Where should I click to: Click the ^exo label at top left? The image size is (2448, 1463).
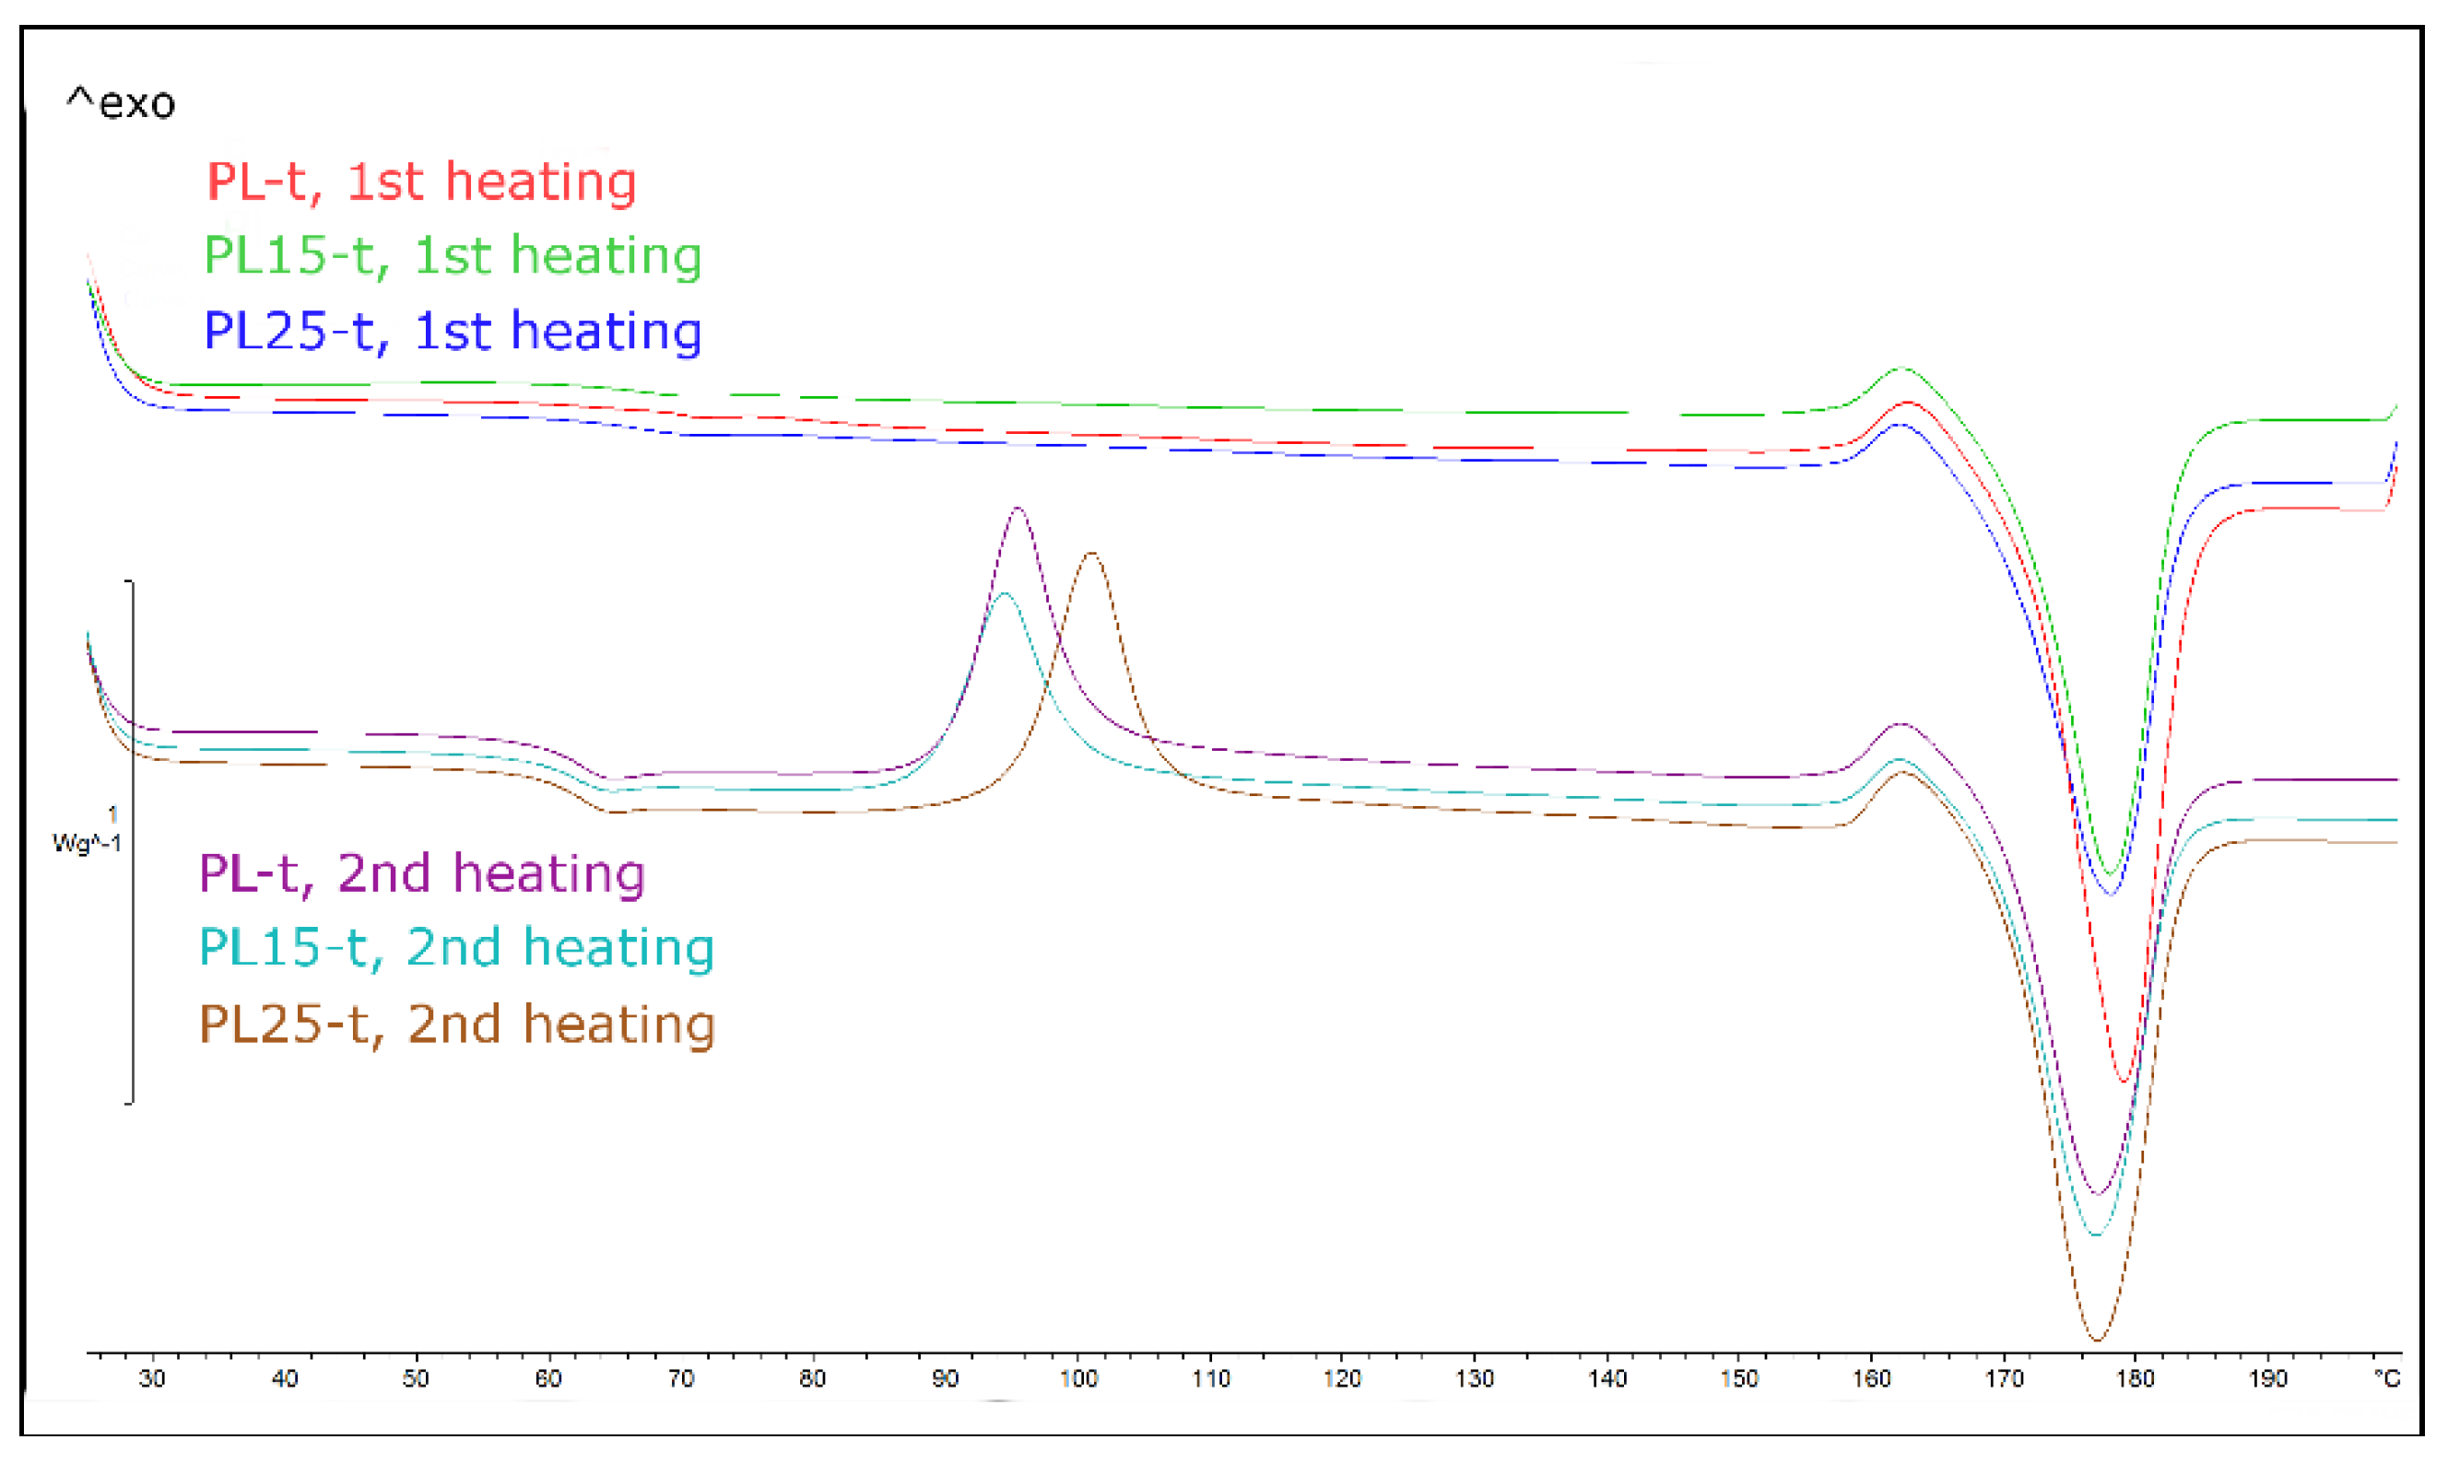tap(121, 102)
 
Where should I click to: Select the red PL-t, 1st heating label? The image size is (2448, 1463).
tap(421, 181)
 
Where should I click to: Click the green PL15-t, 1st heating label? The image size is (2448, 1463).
tap(453, 255)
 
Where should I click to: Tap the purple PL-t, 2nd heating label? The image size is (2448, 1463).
tap(421, 872)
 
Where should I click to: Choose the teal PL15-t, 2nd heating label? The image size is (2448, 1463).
tap(455, 946)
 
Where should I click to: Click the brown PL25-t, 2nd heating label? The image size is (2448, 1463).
tap(456, 1024)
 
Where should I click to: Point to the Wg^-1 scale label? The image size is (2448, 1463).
tap(87, 842)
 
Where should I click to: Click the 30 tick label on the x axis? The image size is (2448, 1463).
tap(152, 1378)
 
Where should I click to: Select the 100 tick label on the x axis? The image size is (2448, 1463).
tap(1078, 1378)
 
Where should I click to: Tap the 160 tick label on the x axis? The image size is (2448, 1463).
tap(1871, 1378)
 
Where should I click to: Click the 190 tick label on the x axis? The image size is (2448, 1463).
tap(2267, 1378)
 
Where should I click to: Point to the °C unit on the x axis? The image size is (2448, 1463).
tap(2386, 1378)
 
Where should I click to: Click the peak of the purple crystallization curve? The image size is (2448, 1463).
tap(1017, 509)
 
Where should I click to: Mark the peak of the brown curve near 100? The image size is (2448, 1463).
tap(1091, 553)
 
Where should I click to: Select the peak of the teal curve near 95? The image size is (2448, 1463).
tap(1004, 593)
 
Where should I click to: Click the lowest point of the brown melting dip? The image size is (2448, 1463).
tap(2097, 1340)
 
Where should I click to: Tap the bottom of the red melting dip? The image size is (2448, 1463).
tap(2124, 1082)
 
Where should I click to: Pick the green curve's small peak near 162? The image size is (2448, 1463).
tap(1902, 369)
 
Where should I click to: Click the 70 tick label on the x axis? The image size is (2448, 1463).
tap(680, 1378)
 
